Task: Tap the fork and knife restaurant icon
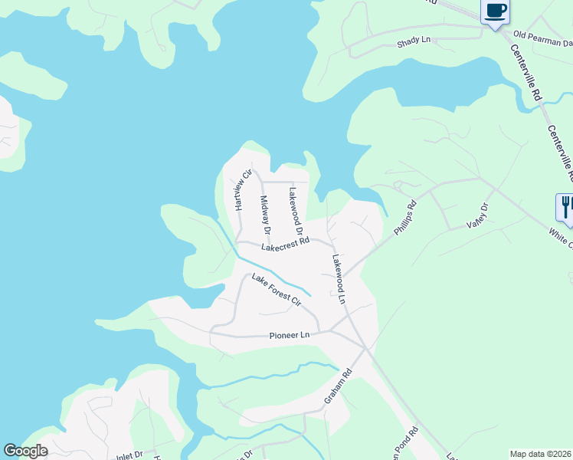click(x=565, y=206)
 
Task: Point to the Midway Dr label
click(x=265, y=215)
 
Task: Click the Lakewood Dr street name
click(x=296, y=211)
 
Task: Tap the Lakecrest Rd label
click(x=284, y=245)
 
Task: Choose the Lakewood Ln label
click(x=339, y=279)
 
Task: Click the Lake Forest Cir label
click(x=276, y=291)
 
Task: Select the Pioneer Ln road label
click(x=290, y=335)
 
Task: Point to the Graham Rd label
click(x=337, y=386)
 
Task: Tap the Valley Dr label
click(x=477, y=215)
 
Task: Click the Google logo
click(x=25, y=451)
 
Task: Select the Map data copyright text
click(x=541, y=454)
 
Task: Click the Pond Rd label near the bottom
click(x=414, y=443)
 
